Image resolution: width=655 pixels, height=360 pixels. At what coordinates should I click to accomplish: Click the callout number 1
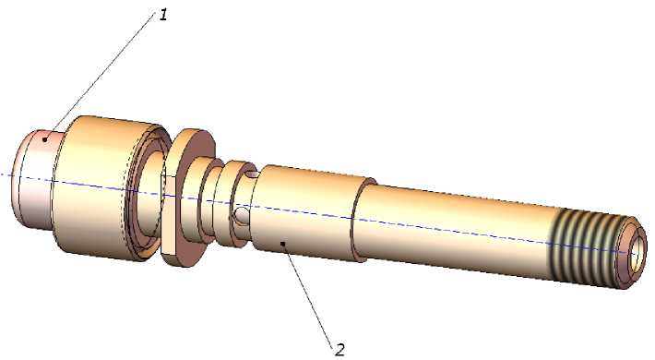163,16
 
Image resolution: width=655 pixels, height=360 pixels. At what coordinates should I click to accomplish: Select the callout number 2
340,350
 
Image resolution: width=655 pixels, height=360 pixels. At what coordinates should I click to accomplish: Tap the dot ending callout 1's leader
44,138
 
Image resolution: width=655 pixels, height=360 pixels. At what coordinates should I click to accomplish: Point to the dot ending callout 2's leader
283,243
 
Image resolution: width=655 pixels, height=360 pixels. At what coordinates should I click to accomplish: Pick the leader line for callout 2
308,294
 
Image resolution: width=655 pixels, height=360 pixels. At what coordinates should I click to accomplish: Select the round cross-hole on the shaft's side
242,215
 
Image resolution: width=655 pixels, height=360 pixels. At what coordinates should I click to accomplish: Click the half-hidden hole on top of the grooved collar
252,174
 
